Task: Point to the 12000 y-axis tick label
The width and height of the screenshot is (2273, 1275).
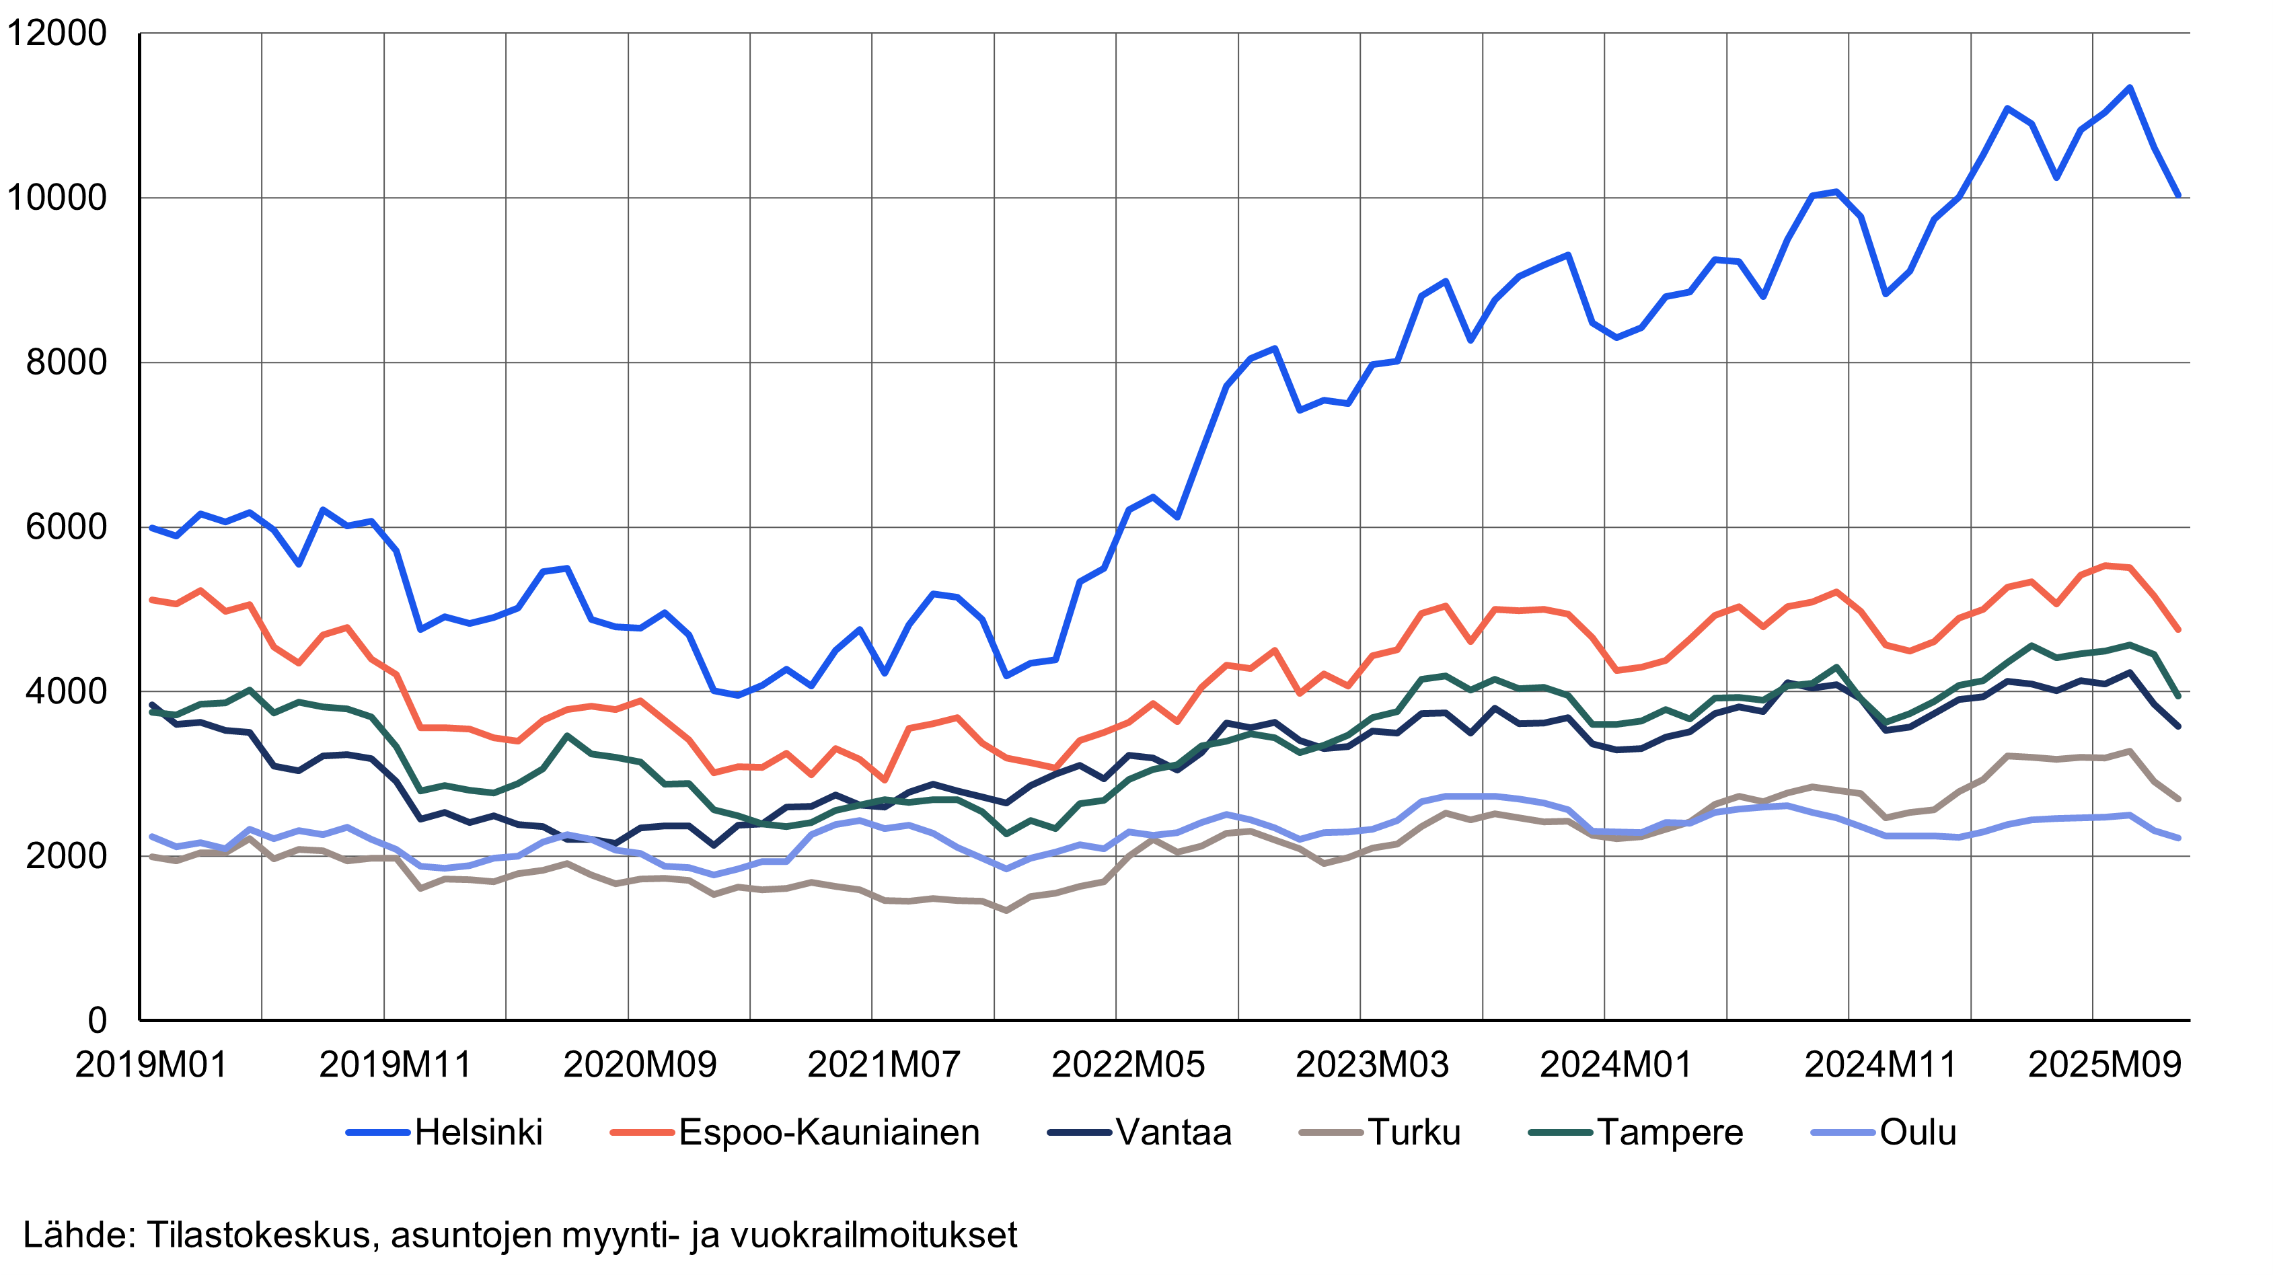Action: point(56,34)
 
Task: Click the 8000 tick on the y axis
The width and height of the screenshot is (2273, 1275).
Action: point(66,362)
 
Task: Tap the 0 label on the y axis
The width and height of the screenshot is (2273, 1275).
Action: point(97,1020)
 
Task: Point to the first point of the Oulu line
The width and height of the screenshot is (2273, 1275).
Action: point(152,837)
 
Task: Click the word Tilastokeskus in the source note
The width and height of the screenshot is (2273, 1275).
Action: point(263,1235)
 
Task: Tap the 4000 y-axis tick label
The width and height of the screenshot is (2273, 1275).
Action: point(66,692)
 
